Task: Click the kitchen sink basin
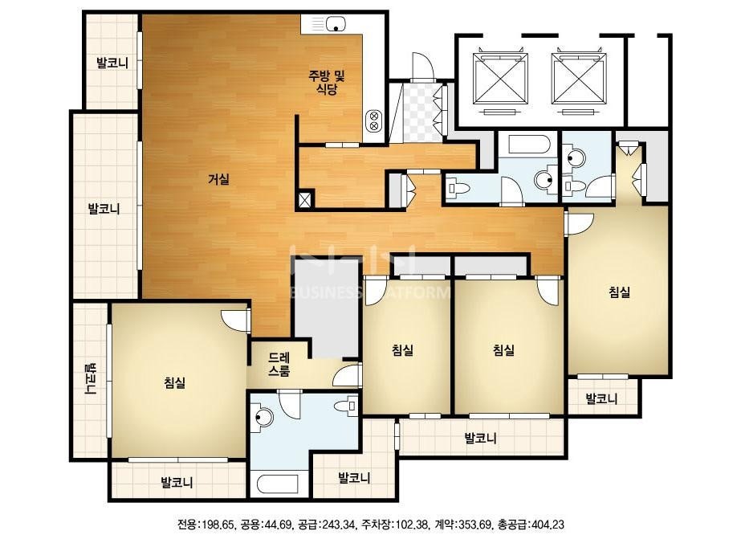[x=336, y=22]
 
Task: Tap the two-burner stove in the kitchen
[x=374, y=121]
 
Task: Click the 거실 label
[x=219, y=179]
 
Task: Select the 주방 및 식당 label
[x=327, y=82]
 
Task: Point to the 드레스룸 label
[x=279, y=364]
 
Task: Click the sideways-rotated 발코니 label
[x=89, y=379]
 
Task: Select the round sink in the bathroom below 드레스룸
[x=263, y=417]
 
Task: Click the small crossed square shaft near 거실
[x=305, y=199]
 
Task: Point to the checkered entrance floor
[x=421, y=112]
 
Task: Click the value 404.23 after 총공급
[x=548, y=525]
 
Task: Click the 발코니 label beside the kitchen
[x=112, y=63]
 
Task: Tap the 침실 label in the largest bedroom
[x=175, y=382]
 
